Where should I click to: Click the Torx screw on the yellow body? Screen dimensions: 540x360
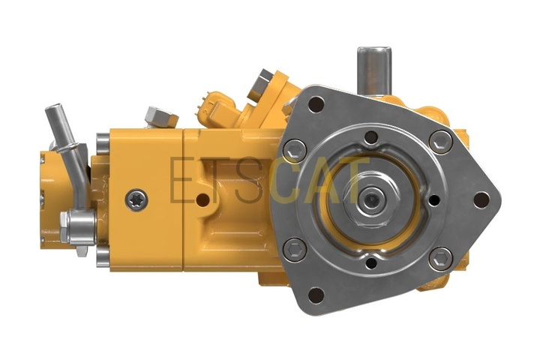[136, 200]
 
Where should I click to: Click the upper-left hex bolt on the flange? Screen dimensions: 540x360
[295, 151]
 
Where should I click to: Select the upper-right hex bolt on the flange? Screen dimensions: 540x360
[441, 142]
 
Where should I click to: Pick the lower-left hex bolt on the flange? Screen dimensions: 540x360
[295, 249]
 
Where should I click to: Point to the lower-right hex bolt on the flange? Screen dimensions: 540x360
[441, 258]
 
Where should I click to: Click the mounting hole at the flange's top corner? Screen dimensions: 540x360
[316, 104]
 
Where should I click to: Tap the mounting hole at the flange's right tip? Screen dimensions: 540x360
[481, 199]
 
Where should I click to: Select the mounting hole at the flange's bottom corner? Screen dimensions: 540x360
[316, 295]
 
